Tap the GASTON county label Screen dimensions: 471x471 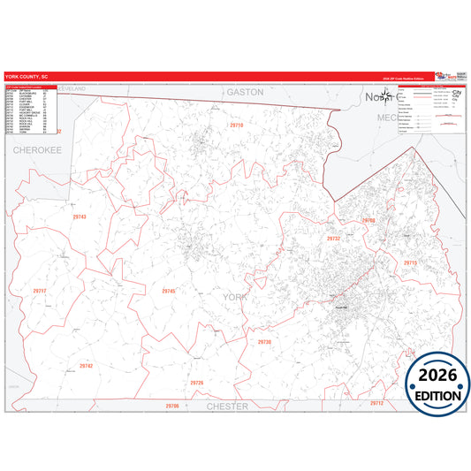point(245,91)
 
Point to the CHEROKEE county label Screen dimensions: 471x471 point(36,150)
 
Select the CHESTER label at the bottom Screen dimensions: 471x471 point(227,406)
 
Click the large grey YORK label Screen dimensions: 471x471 point(238,298)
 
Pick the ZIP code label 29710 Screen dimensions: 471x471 point(236,125)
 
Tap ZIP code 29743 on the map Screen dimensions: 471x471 point(80,217)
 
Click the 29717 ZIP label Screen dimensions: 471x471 point(38,291)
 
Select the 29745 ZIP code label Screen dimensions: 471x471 point(169,291)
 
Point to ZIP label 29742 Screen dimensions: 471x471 point(86,365)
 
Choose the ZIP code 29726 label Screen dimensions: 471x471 point(196,383)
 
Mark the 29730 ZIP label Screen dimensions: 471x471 point(264,341)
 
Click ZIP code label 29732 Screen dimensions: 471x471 point(333,239)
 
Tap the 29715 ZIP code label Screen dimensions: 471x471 point(409,263)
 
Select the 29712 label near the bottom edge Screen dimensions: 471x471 point(377,403)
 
